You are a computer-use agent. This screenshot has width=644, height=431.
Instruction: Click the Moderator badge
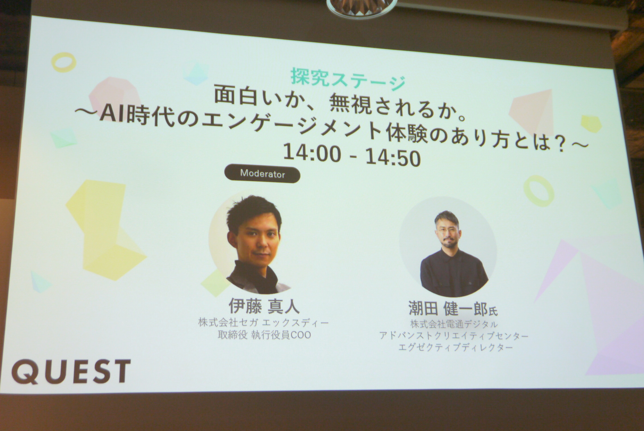(262, 174)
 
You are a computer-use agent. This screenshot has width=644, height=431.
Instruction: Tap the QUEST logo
(71, 372)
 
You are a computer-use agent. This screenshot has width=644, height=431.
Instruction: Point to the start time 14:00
(312, 153)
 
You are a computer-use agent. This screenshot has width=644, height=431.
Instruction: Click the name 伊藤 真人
(264, 307)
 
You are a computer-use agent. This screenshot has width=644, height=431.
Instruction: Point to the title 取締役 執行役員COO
(264, 335)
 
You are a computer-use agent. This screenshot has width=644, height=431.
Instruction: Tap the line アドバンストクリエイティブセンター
(454, 336)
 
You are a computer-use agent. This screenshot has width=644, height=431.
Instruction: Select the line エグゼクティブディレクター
(456, 347)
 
